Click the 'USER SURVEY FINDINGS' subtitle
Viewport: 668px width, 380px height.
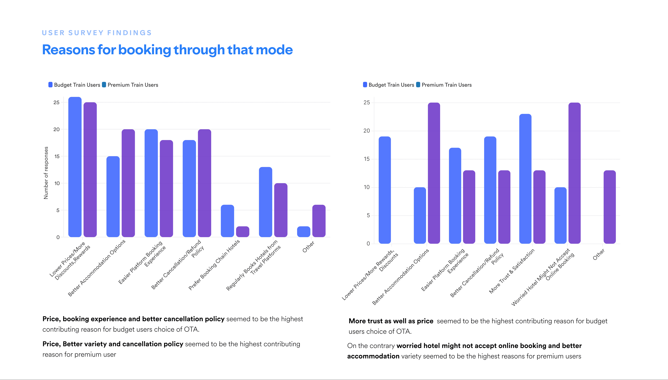tap(97, 33)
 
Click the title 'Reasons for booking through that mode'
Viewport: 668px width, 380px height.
tap(167, 50)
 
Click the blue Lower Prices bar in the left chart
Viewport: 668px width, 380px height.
tap(75, 167)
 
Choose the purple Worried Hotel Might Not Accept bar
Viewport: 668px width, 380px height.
tap(575, 173)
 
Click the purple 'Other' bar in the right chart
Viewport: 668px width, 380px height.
tap(610, 207)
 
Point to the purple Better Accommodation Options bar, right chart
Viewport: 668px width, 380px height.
tap(434, 173)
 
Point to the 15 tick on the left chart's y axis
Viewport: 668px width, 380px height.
tap(57, 156)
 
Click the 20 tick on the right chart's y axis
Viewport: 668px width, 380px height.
tap(367, 131)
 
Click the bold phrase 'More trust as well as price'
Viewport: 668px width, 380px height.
tap(391, 321)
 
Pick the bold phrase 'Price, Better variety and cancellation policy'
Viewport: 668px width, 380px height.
tap(113, 344)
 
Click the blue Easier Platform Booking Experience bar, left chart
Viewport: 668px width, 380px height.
tap(151, 183)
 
